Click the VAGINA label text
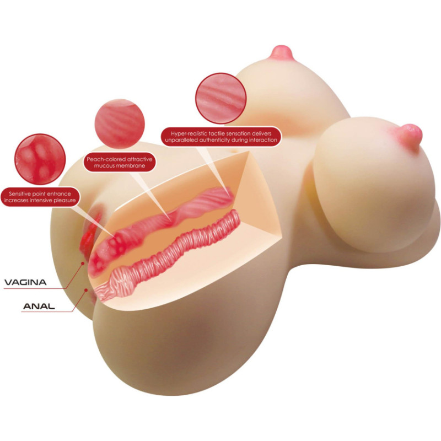tap(25, 282)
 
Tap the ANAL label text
tap(39, 306)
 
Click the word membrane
tap(132, 166)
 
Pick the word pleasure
tap(65, 200)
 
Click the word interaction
tap(263, 140)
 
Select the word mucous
tap(105, 166)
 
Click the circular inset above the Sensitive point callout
tap(40, 159)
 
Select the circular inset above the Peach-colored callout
tap(120, 123)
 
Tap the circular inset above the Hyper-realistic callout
tap(221, 98)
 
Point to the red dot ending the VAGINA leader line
tap(83, 263)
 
